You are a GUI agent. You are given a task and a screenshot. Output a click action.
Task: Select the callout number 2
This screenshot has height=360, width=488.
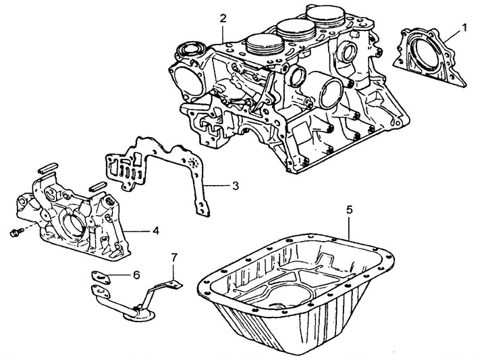[222, 18]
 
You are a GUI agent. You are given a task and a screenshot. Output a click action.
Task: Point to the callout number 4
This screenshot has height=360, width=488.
[155, 231]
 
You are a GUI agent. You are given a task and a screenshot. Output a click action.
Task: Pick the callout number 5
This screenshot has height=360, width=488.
[349, 210]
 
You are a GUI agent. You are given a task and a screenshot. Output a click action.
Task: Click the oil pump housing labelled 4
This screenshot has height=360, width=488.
[74, 216]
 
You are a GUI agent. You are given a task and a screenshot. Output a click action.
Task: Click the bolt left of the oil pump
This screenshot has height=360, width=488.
[14, 233]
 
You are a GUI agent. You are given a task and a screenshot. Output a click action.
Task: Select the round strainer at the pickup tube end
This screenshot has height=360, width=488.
[140, 311]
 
